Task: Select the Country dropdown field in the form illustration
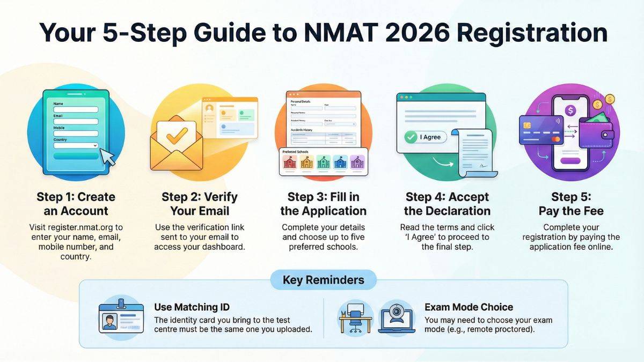pos(76,145)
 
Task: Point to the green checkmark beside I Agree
pos(411,137)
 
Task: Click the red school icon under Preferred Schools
pos(290,162)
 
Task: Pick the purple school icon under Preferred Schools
pos(357,162)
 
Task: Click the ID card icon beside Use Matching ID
pos(121,317)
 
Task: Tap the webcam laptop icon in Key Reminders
pos(396,317)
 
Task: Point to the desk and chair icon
pos(356,317)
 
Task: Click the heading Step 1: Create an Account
pos(76,204)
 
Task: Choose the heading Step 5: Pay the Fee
pos(571,204)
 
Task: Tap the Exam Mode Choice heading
pos(469,307)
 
